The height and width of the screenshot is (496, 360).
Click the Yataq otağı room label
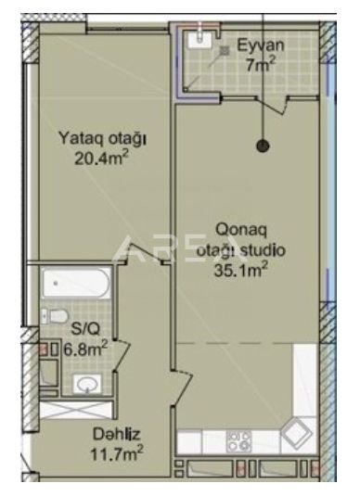coord(103,139)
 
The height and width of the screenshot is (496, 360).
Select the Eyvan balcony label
coord(261,45)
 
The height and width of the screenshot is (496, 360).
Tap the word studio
coord(263,250)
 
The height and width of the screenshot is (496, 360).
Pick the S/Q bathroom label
coord(85,329)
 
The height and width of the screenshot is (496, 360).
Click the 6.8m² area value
coord(85,349)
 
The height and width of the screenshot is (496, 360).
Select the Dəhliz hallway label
coord(116,434)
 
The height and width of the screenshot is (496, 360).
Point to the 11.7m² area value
coord(117,453)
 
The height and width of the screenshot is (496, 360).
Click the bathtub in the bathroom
coord(76,283)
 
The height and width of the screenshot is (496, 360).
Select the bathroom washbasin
coord(87,384)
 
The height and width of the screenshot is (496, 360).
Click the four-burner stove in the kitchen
coord(239,441)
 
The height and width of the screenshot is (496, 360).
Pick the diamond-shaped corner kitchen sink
coord(296,434)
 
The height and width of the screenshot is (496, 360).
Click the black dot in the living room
coord(263,146)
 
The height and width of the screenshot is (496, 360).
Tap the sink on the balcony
coord(199,40)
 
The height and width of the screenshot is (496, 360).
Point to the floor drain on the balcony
coord(225,50)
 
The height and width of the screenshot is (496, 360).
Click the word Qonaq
coord(241,230)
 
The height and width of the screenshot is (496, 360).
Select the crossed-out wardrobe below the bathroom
coord(76,411)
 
